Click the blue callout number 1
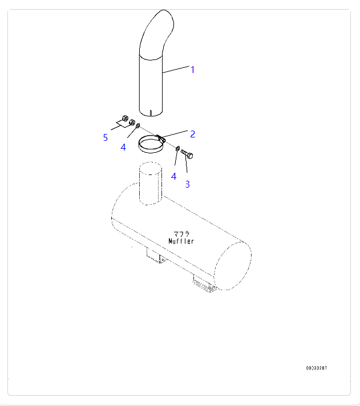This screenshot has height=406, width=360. (192, 70)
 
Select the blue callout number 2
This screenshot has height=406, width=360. (192, 134)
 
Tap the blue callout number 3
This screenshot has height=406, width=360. (188, 184)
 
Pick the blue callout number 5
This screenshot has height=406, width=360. (105, 137)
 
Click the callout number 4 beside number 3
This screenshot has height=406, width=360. (173, 176)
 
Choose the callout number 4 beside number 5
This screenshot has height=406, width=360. (123, 147)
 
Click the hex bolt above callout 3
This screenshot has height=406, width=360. (187, 154)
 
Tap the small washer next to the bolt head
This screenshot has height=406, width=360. (177, 149)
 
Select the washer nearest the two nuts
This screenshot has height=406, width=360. (138, 125)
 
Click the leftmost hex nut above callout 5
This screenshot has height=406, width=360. (124, 119)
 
